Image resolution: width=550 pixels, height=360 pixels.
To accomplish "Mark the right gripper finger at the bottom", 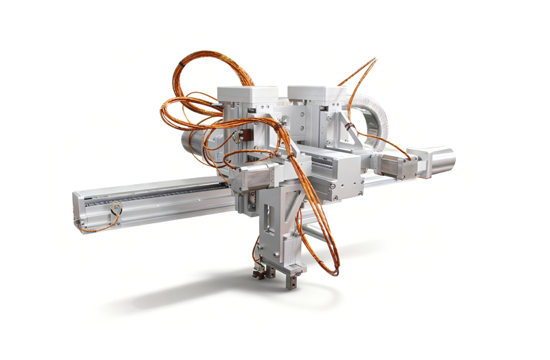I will [x=293, y=278].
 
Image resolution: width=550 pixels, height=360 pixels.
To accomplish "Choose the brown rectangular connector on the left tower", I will [x=240, y=137].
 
